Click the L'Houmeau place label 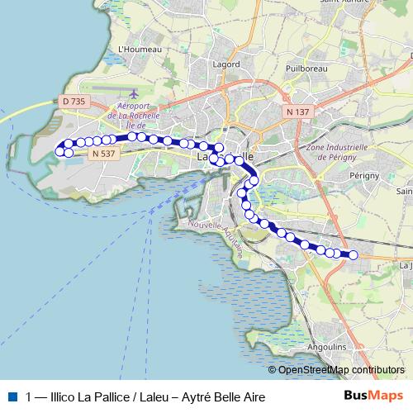tap(140, 49)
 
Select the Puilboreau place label tap(302, 69)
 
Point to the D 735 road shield tap(74, 101)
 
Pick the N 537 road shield tap(104, 153)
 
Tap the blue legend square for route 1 tap(12, 396)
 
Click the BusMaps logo tap(373, 396)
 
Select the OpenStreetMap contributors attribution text tap(340, 370)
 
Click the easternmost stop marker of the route tap(354, 255)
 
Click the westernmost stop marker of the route tap(59, 150)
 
